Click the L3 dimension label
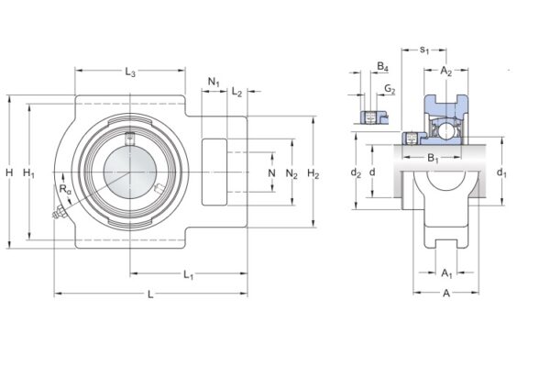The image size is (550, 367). pos(130,72)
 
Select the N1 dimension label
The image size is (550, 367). pos(214,83)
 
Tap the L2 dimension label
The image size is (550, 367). pos(236,93)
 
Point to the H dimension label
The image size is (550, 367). pos(8,172)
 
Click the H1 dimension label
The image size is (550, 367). pos(28,172)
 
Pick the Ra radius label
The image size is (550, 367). pos(64,189)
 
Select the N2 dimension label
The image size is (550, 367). pos(291,172)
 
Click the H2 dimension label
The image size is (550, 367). pos(313,172)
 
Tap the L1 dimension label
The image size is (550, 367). pos(189,273)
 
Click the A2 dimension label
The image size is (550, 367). pos(446,71)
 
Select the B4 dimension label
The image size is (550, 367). pos(383,67)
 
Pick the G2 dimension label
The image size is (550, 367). pos(390,89)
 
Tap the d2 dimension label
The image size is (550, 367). pos(356,172)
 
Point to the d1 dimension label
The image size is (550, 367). pos(500,172)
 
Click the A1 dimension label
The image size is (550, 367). pos(446,272)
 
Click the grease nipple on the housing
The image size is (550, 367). pos(56,217)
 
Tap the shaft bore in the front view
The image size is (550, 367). pos(129,172)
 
